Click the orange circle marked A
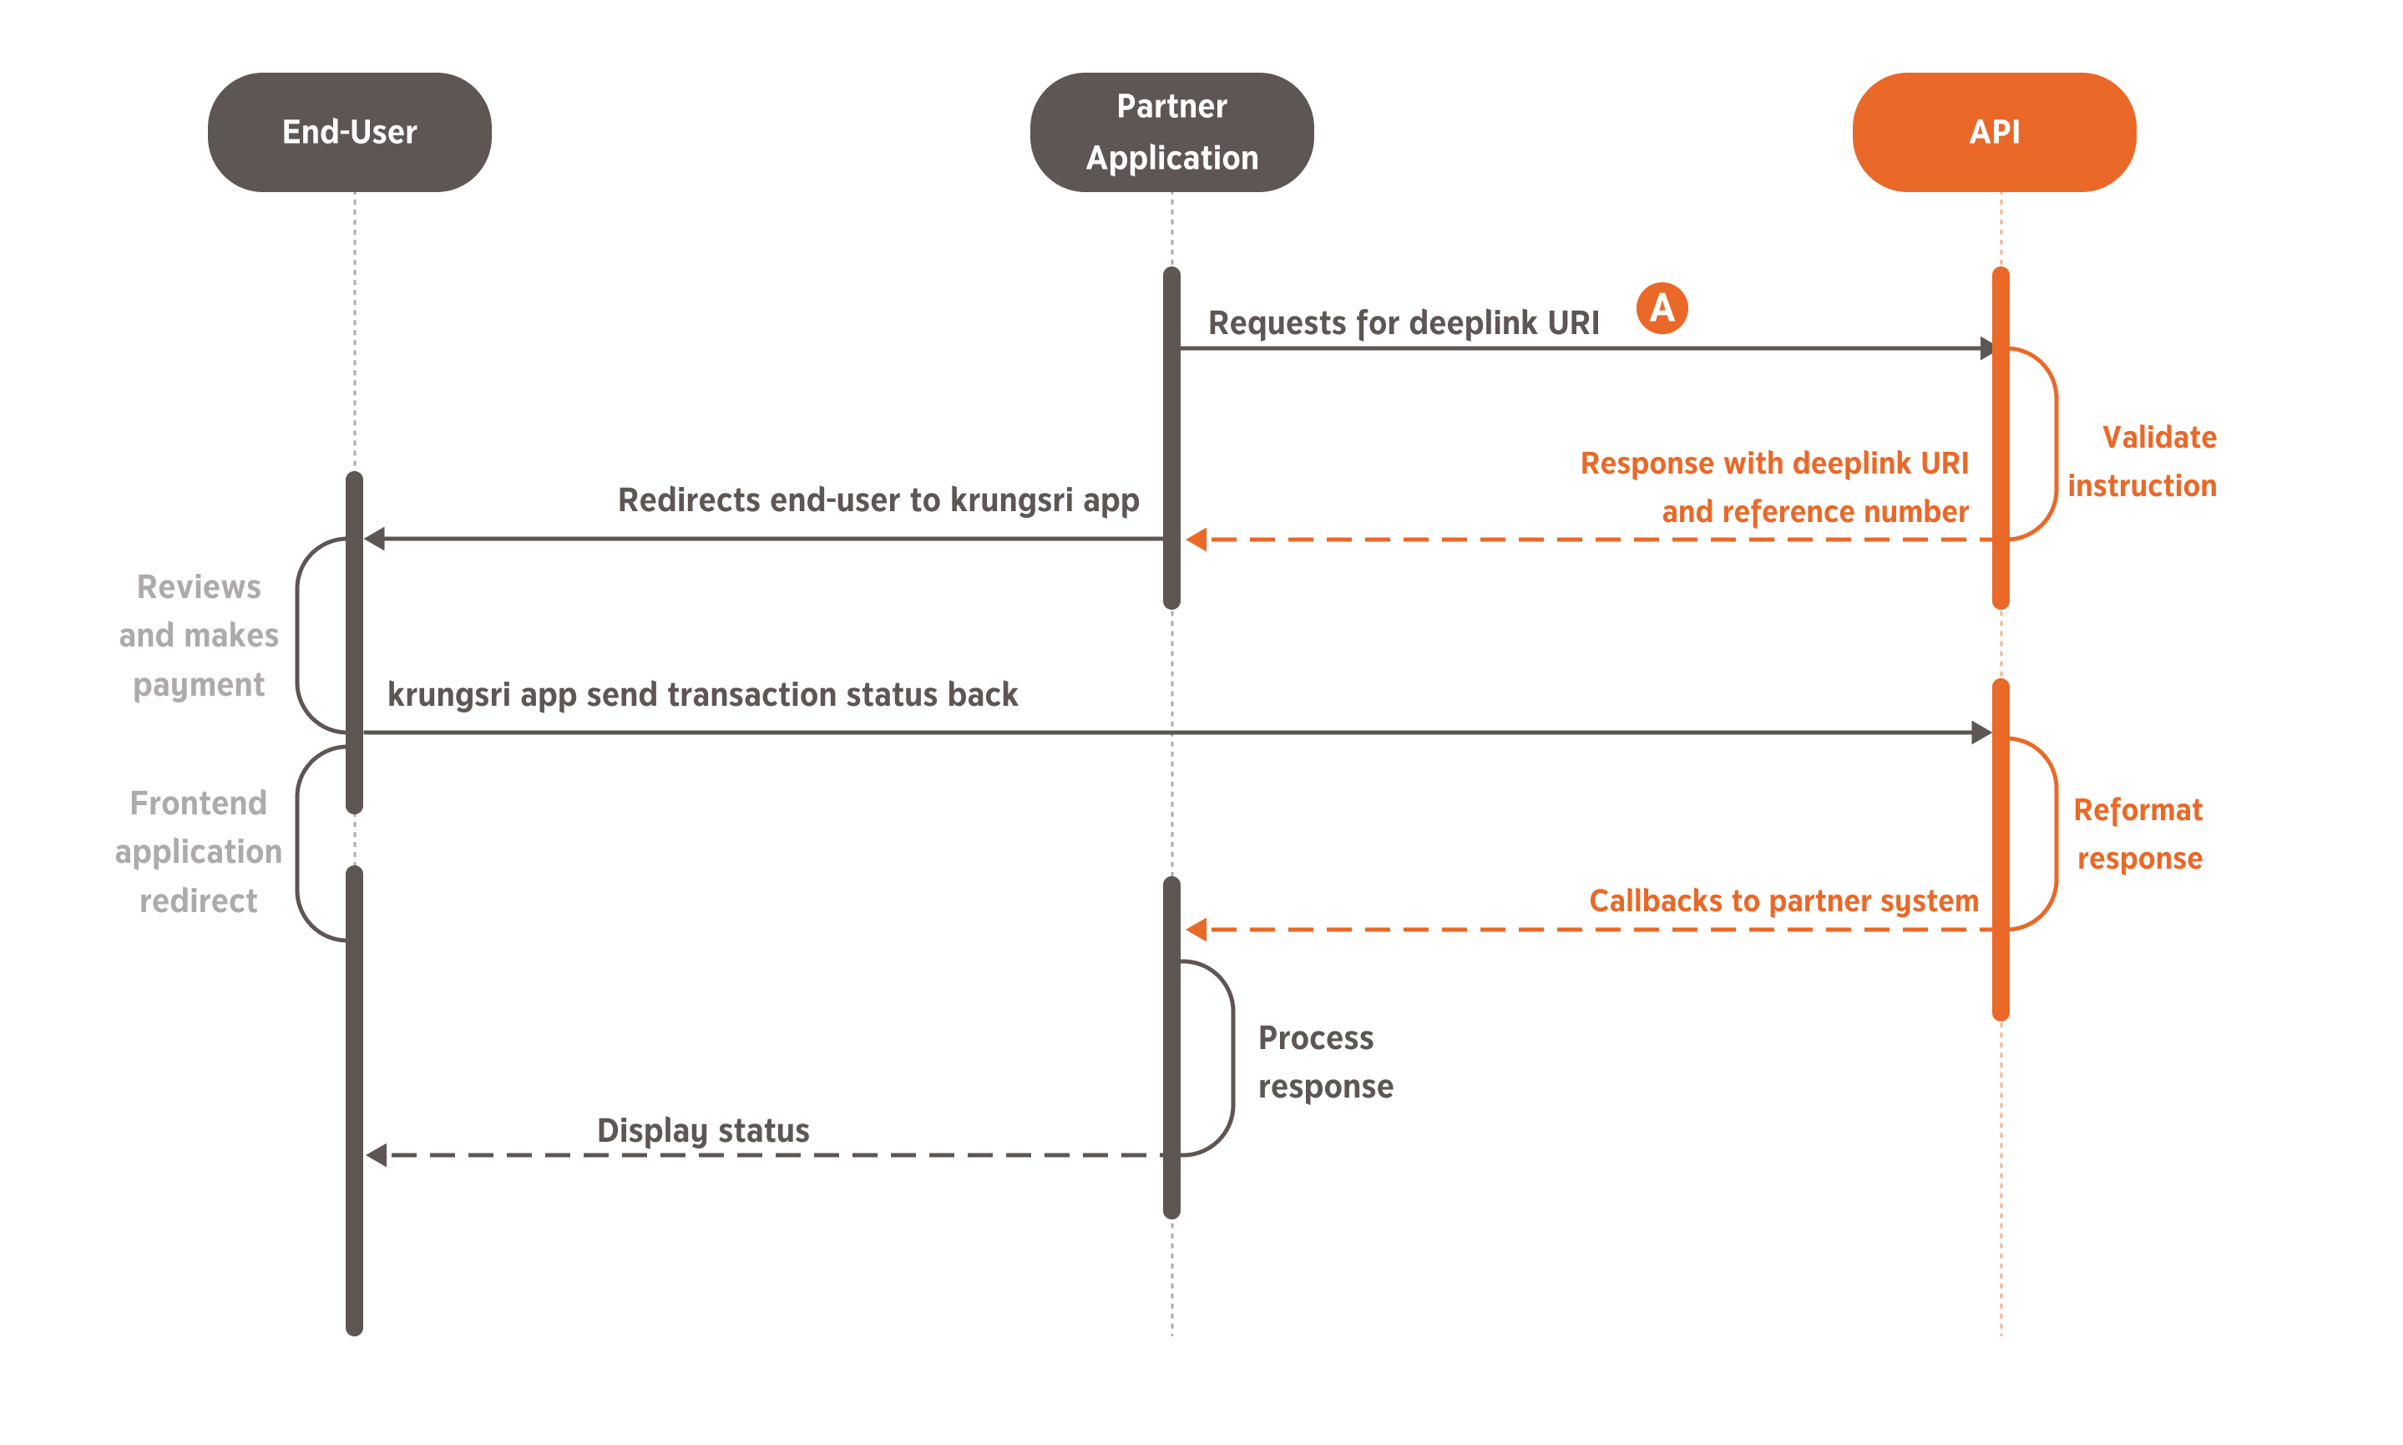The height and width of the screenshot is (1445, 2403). (x=1661, y=307)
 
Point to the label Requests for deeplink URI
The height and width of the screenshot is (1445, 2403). (x=1403, y=322)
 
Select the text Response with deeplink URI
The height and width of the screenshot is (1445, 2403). (x=1773, y=464)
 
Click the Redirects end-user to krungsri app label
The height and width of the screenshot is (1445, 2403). (x=878, y=499)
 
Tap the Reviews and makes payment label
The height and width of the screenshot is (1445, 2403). (x=199, y=635)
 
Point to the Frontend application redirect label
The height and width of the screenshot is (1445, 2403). (x=199, y=851)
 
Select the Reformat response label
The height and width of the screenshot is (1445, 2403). (x=2137, y=834)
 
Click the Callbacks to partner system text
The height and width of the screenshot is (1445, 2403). (x=1782, y=900)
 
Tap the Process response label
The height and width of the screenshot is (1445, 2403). (x=1323, y=1062)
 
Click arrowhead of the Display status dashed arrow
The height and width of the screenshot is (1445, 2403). (x=377, y=1155)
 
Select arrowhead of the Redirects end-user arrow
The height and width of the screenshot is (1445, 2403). (x=375, y=539)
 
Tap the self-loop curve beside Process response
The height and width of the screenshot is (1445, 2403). (x=1232, y=1058)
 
